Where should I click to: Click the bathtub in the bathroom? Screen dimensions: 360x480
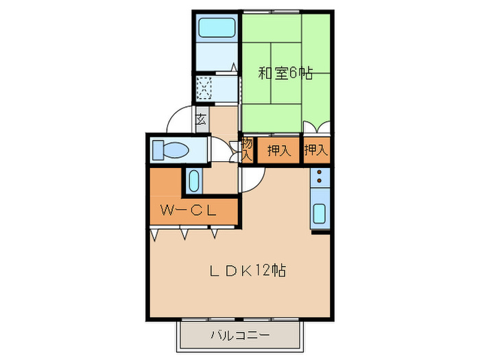[217, 28]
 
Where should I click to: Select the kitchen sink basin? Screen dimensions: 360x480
[320, 215]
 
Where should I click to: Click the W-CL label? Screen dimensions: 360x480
[189, 211]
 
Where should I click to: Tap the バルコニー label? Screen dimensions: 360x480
[240, 336]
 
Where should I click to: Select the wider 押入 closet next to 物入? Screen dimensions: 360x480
[278, 149]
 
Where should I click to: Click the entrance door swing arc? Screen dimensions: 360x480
[177, 117]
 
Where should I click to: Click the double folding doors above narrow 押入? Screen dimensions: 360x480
[317, 128]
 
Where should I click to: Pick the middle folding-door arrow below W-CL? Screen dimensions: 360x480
[184, 235]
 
